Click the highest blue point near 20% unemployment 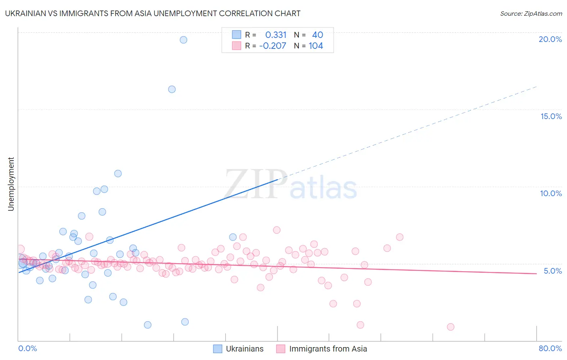(x=183, y=40)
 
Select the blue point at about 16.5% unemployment (x=172, y=89)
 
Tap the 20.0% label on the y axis (x=550, y=39)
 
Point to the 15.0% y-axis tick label (x=551, y=116)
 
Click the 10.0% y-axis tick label (x=551, y=193)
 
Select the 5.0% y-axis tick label (x=552, y=271)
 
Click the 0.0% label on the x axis (x=27, y=348)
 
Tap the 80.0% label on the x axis (x=550, y=348)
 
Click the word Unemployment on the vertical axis (x=11, y=184)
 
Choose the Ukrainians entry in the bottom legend (x=244, y=349)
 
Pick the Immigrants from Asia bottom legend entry (x=328, y=349)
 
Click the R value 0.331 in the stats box (x=276, y=35)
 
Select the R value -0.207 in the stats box (x=273, y=46)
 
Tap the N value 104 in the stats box (x=316, y=46)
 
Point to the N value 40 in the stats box (x=317, y=35)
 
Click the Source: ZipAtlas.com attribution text (x=531, y=13)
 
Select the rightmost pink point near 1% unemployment (x=450, y=327)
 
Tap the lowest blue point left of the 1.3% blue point (x=148, y=325)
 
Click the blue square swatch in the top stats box (x=236, y=35)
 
